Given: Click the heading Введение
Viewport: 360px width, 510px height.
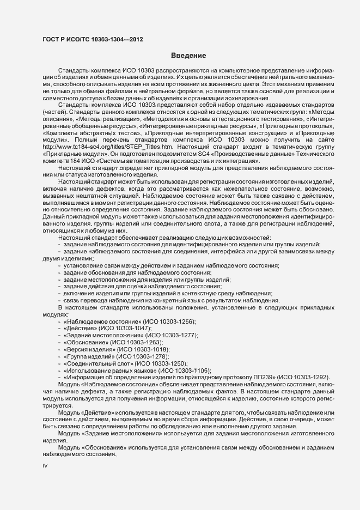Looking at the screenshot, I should click(188, 56).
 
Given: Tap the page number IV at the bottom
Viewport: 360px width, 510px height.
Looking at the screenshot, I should click(45, 466).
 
